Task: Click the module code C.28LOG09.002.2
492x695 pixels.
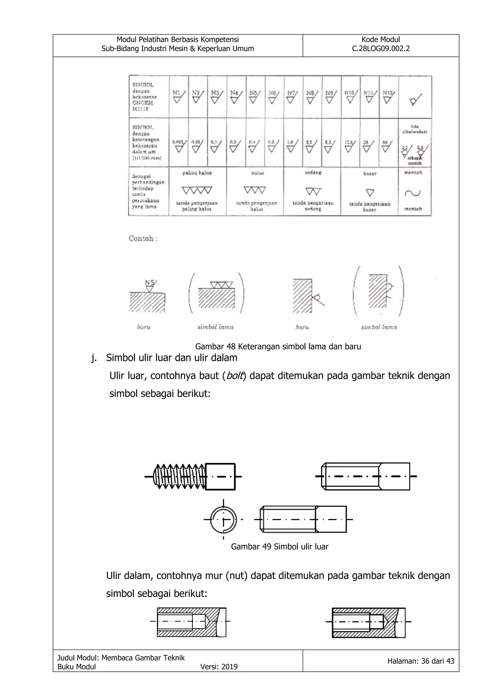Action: (381, 48)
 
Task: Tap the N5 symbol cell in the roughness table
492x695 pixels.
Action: (255, 97)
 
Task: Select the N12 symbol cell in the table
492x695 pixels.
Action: (389, 97)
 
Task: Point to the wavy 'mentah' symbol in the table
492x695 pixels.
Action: (413, 193)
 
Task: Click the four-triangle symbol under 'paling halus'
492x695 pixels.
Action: (197, 190)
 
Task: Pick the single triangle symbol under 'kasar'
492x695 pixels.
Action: (370, 193)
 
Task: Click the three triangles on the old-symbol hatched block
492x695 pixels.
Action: (221, 285)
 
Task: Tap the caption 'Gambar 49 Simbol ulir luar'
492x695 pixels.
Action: (279, 546)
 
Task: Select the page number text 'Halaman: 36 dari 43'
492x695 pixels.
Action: (420, 661)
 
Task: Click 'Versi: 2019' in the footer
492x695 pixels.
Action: (219, 666)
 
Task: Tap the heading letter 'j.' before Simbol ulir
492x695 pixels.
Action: (94, 358)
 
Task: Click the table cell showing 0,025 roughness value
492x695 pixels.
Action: (178, 145)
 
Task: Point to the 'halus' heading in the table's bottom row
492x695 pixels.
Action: (258, 173)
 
